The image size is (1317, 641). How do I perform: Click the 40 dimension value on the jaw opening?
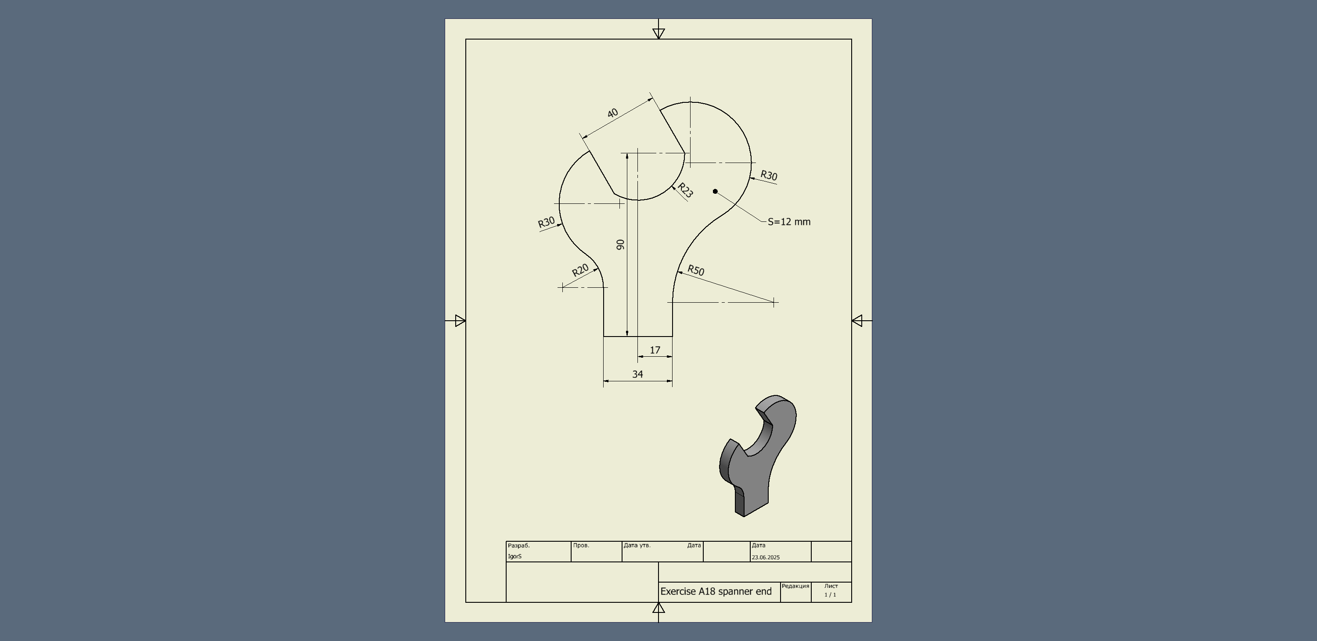coord(612,112)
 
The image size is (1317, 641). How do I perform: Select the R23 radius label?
coord(685,190)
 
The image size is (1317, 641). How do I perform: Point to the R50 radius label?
coord(696,270)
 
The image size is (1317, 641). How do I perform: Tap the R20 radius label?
coord(580,270)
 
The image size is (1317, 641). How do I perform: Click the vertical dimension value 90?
coord(621,245)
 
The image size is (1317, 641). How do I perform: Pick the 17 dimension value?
coord(655,350)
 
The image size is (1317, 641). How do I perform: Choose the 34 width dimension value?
coord(637,374)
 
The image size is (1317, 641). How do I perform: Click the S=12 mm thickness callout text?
coord(789,221)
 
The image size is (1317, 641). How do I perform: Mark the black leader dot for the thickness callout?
coord(715,191)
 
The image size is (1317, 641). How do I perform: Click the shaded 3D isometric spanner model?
coord(758,455)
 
